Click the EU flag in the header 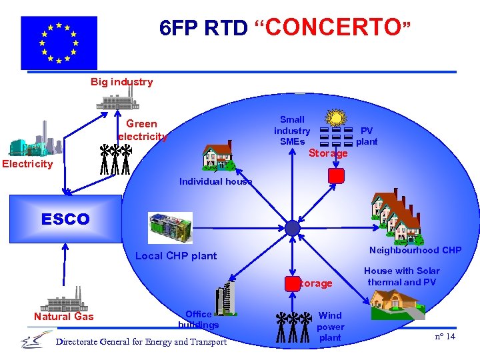coord(59,43)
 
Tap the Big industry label coord(121,82)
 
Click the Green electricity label coord(141,129)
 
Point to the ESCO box coord(65,219)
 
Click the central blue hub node coord(293,228)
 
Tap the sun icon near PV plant coord(337,119)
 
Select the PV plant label coord(367,136)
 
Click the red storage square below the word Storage coord(337,176)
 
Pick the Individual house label coord(215,181)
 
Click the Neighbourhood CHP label coord(415,250)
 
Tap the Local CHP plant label coord(176,255)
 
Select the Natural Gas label coord(64,316)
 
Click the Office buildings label coord(198,319)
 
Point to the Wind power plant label coord(330,326)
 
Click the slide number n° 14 coord(445,336)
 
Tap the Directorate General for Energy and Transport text coord(141,342)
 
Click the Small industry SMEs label coord(292,131)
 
